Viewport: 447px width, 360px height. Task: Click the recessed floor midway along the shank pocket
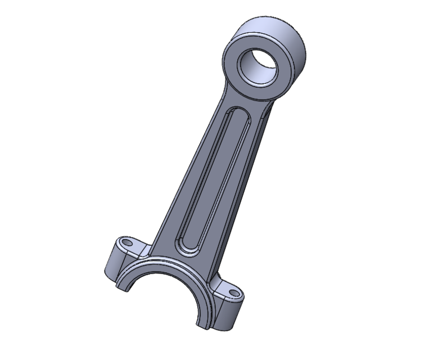point(210,180)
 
